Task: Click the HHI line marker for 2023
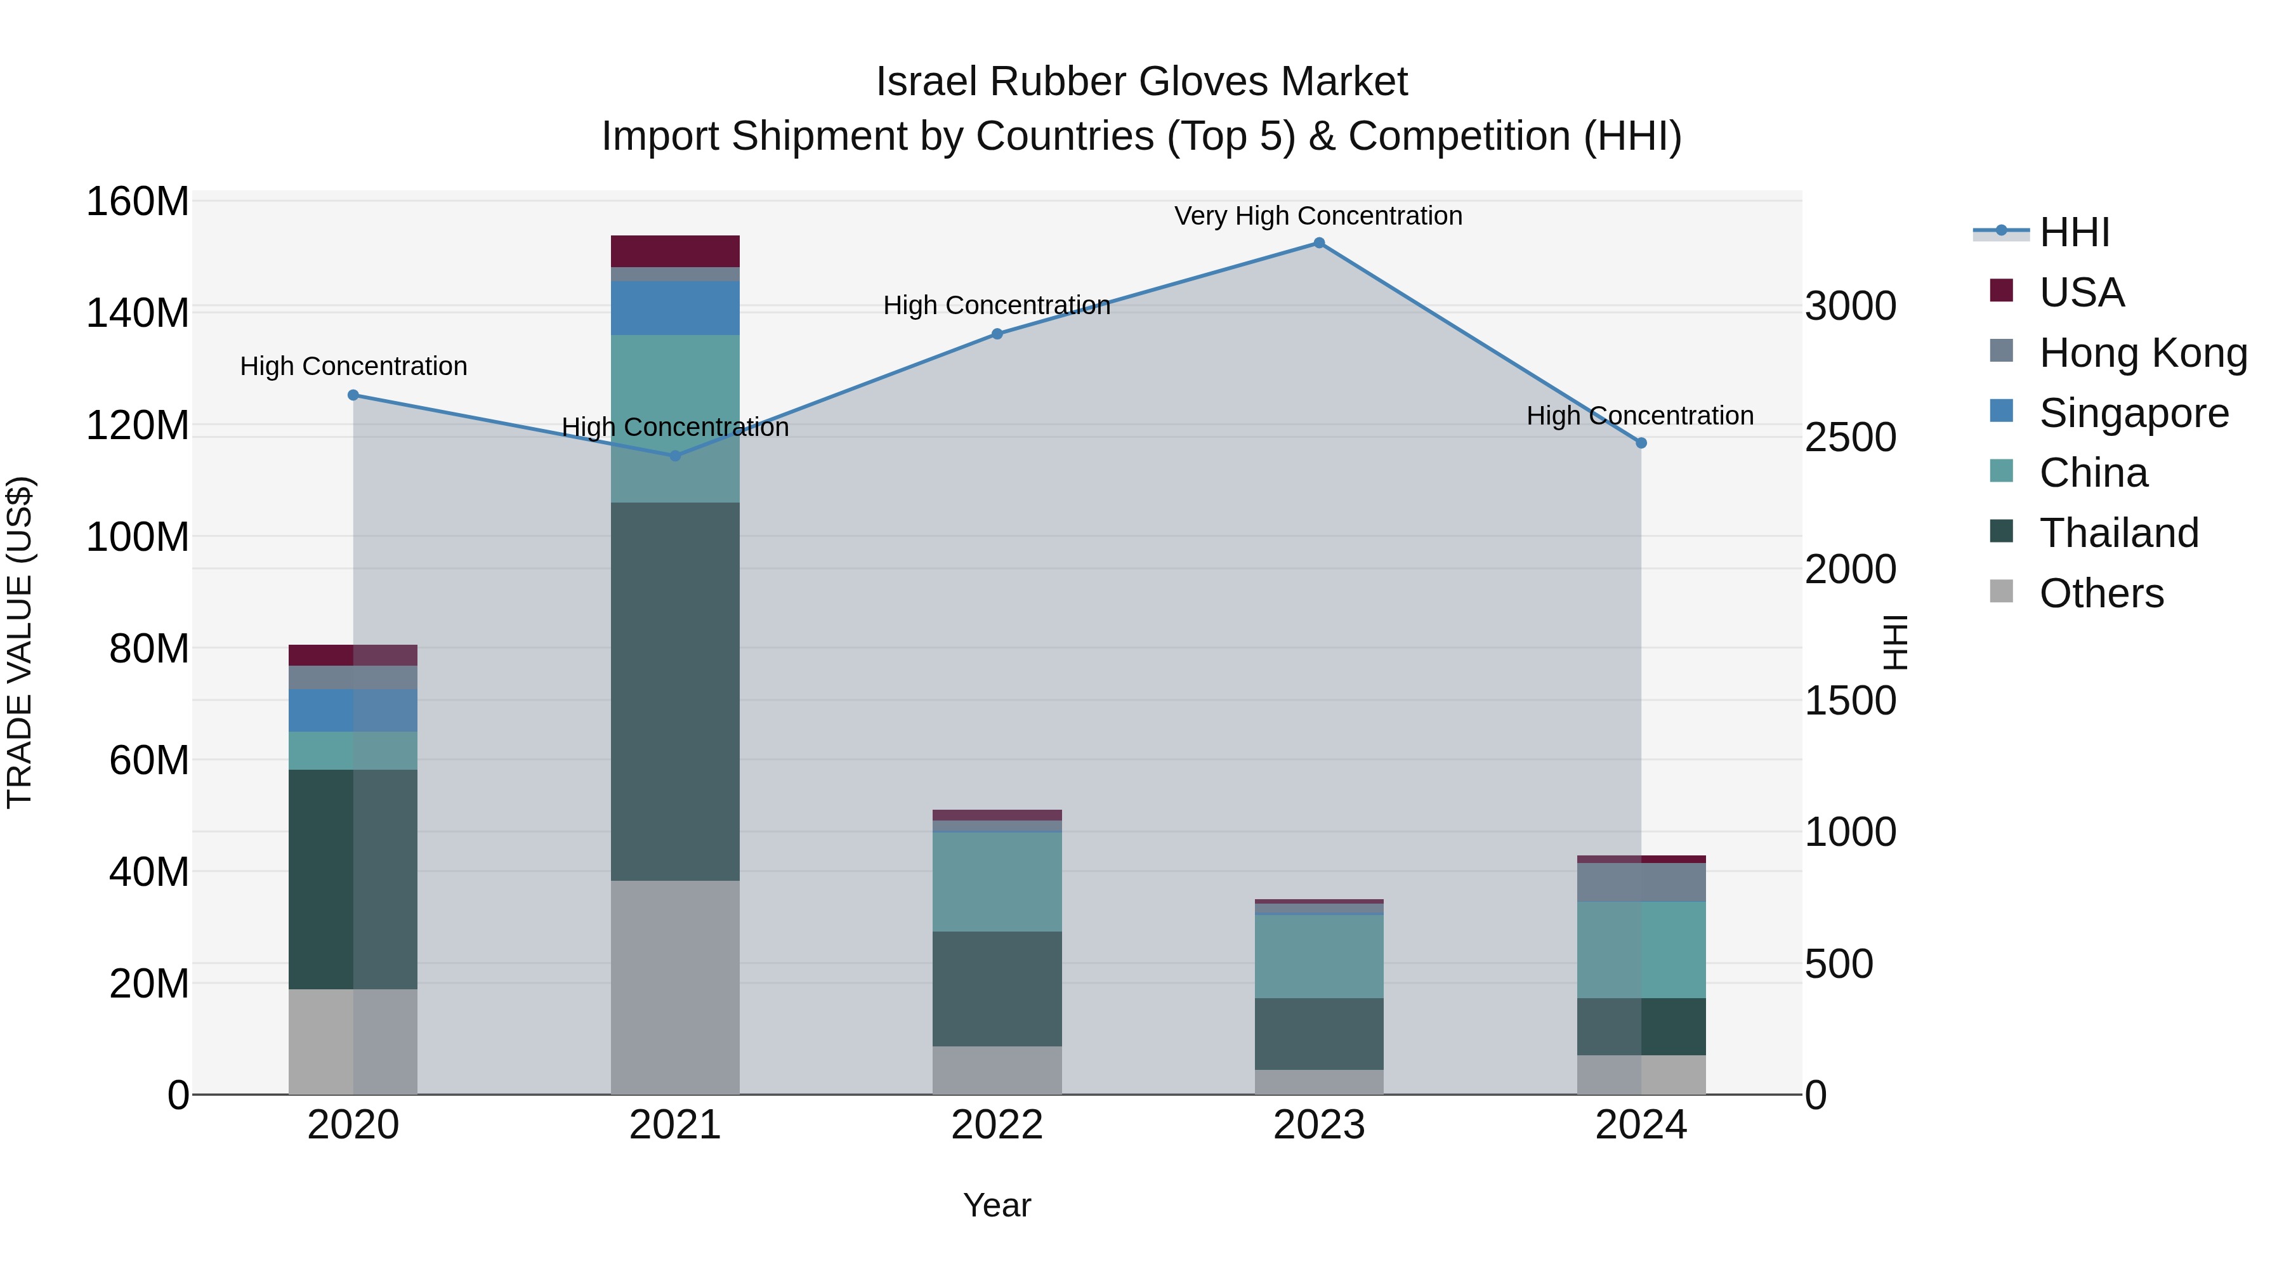[x=1318, y=243]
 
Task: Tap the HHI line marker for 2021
[x=675, y=456]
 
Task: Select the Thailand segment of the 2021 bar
[x=675, y=692]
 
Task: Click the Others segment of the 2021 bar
[x=675, y=987]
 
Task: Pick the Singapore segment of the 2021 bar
[x=675, y=308]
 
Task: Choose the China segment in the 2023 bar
[x=1318, y=956]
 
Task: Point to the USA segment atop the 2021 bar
[x=675, y=251]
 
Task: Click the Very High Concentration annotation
[x=1318, y=216]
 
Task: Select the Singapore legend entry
[x=2132, y=413]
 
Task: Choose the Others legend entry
[x=2101, y=593]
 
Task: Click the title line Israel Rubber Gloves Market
[x=1141, y=82]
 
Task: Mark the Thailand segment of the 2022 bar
[x=997, y=989]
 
